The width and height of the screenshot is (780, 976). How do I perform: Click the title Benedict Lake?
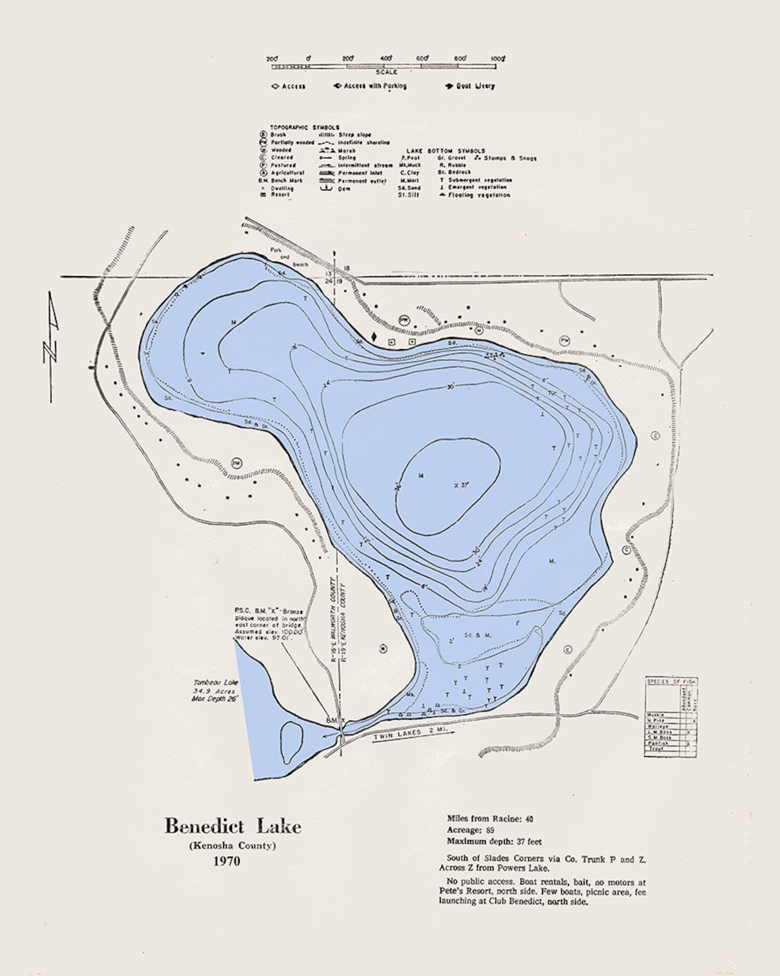[233, 826]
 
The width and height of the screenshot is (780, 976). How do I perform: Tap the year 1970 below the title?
[226, 861]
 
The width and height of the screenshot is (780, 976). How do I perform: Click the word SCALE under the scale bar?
[386, 72]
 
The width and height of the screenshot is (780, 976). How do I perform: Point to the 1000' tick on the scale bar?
[498, 58]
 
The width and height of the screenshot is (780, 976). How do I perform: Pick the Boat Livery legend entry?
[470, 86]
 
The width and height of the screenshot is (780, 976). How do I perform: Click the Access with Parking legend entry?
[370, 86]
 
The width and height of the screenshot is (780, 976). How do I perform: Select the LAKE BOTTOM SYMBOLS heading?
[446, 150]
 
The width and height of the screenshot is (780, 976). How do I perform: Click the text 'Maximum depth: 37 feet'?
[495, 842]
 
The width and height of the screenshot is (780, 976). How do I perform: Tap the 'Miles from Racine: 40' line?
[490, 818]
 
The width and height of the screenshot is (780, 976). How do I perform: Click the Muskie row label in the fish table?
[654, 716]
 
